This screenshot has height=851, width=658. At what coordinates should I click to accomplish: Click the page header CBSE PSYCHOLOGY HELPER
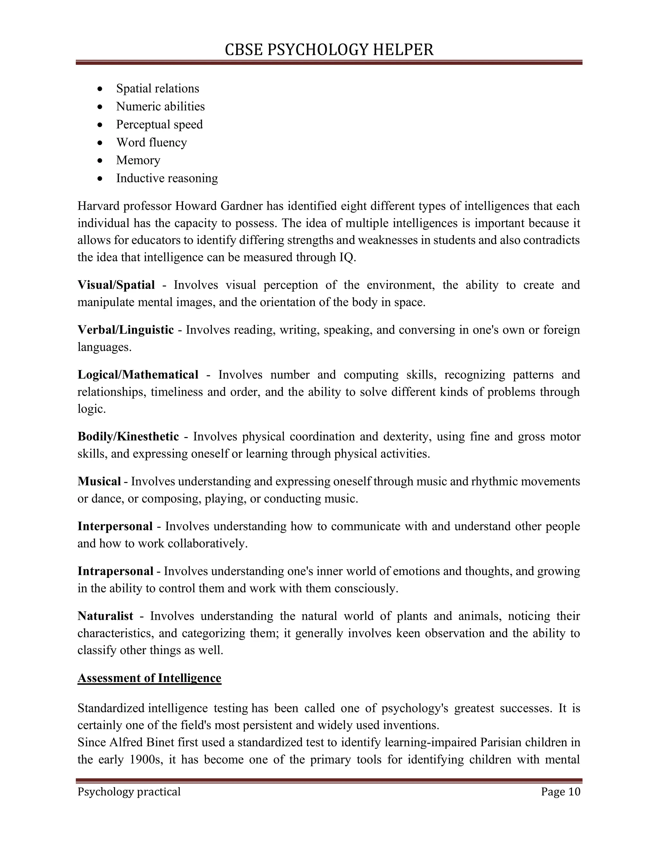click(329, 50)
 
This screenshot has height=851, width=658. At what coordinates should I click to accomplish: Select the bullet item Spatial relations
click(157, 88)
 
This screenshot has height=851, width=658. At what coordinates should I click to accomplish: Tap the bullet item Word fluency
click(151, 142)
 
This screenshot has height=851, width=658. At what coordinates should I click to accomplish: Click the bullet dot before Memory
click(101, 161)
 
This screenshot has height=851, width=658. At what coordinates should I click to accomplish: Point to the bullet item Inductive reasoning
click(167, 178)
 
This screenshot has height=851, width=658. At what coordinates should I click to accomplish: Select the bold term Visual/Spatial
click(116, 285)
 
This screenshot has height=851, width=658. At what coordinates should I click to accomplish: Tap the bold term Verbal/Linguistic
click(126, 330)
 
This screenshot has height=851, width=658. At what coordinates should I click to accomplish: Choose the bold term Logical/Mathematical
click(138, 374)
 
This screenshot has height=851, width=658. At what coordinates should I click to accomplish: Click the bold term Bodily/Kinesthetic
click(128, 436)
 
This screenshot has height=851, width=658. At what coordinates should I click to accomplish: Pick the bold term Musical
click(99, 481)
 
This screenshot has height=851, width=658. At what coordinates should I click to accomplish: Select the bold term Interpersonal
click(115, 526)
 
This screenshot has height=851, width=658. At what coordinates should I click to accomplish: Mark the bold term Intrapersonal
click(115, 571)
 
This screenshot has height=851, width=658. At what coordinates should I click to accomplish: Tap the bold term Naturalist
click(105, 616)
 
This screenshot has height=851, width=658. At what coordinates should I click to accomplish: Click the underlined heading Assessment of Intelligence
click(149, 678)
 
